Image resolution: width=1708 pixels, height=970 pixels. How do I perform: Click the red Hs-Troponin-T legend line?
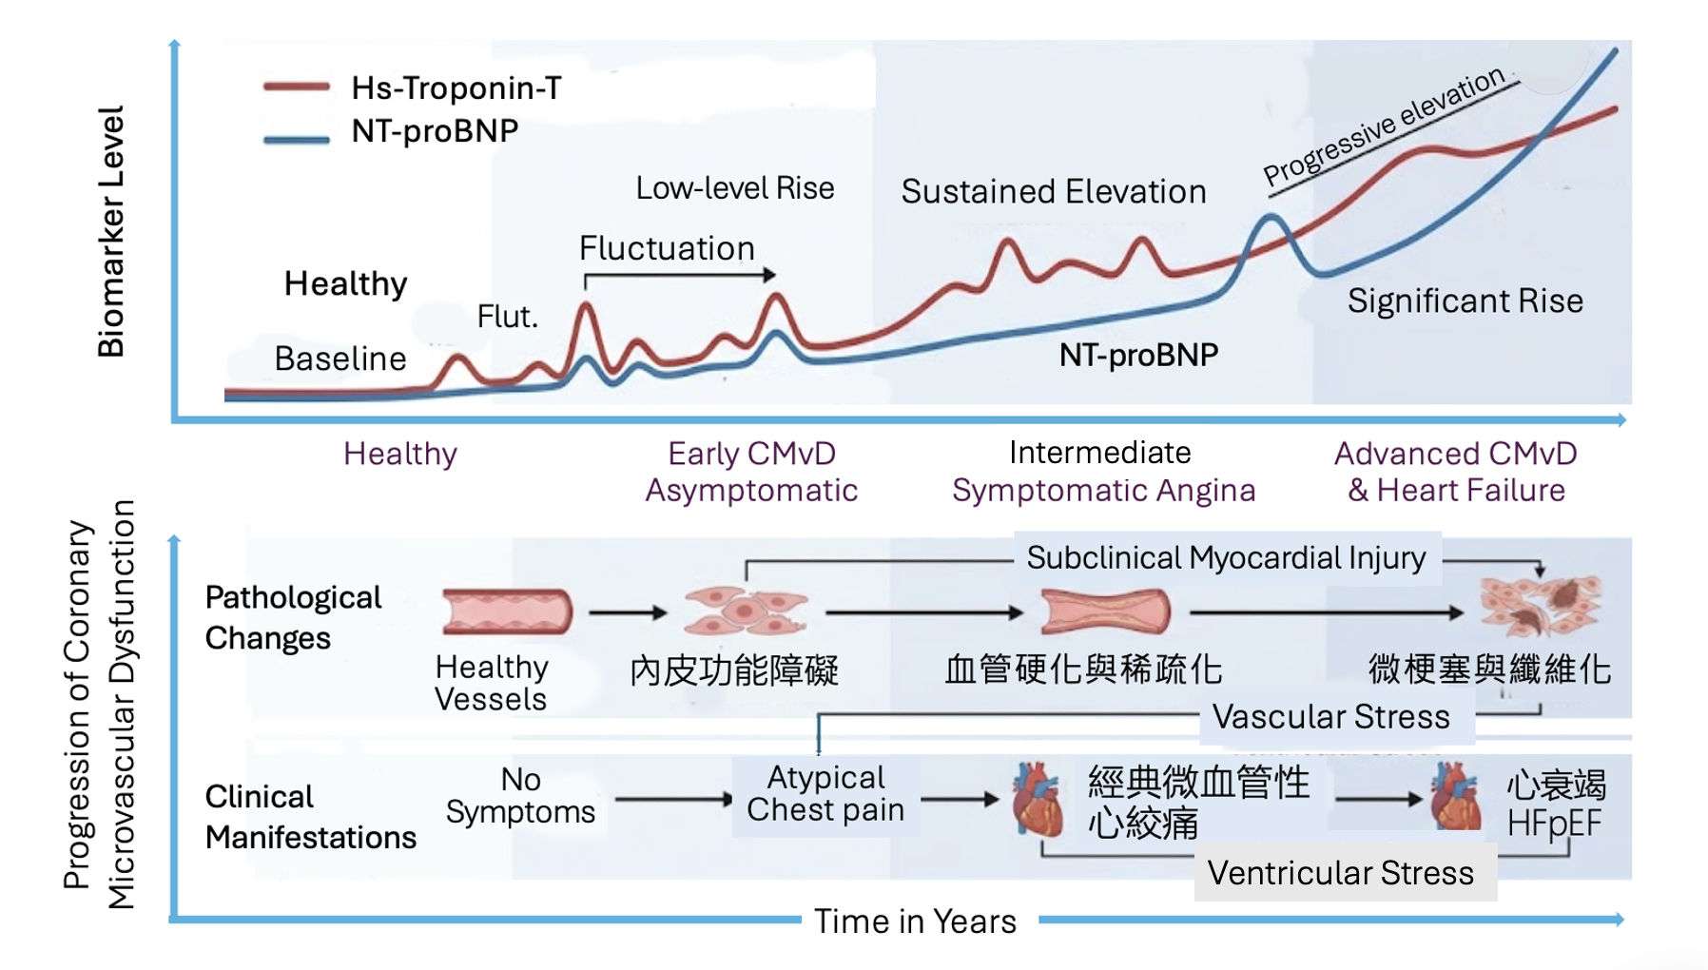pos(297,87)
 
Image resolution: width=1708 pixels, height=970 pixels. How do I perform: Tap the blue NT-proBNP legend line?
pos(297,139)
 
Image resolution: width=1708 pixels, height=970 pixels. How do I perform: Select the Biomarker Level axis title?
pos(111,231)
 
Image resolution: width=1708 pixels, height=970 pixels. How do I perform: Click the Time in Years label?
pos(915,921)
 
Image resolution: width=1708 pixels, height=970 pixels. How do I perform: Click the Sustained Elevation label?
pos(1054,191)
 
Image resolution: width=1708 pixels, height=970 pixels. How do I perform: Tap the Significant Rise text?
pos(1465,301)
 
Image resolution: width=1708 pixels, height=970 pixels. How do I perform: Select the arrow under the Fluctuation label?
pos(680,275)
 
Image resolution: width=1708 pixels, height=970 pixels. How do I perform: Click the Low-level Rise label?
pos(735,187)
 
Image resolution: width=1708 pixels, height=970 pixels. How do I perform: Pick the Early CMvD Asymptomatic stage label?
pos(751,472)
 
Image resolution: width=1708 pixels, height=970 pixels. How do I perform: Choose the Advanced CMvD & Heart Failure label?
pos(1456,472)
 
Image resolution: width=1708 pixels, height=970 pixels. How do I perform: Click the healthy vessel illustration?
pos(507,611)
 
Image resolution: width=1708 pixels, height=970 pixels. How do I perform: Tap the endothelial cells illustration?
pos(746,611)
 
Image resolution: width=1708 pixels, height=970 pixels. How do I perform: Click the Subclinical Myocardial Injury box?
pos(1227,557)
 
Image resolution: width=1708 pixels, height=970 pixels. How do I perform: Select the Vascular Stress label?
pos(1331,716)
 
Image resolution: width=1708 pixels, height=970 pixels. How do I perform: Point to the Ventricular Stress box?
pos(1341,872)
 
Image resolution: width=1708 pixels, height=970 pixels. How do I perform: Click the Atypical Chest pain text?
pos(825,793)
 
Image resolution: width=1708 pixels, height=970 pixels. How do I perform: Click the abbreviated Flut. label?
pos(507,316)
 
